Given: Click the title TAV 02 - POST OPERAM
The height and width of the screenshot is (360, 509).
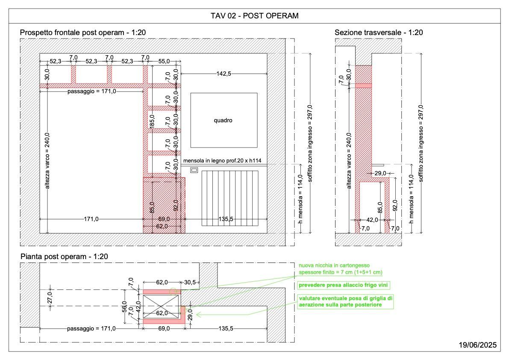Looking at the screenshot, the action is coord(255,15).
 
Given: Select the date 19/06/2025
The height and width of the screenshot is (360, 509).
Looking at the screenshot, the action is coord(477,345).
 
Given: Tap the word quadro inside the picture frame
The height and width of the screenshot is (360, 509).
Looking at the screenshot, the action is coord(223,121).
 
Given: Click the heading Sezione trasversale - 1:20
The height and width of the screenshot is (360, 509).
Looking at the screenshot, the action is coord(379,32).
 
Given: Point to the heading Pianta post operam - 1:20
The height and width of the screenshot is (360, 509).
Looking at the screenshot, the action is coord(64,257).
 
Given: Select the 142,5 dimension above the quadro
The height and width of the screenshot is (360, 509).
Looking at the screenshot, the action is coord(224,74).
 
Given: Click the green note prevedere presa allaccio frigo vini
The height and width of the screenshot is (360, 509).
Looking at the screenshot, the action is coord(343,285).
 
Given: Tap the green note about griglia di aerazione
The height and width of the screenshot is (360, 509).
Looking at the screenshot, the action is coord(345,301).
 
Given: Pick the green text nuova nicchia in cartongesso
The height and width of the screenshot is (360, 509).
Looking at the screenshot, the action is coord(334,266).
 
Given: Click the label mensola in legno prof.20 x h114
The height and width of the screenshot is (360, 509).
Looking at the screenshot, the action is coord(222,161).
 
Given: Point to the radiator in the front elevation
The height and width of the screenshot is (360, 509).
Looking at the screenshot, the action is coord(230,198).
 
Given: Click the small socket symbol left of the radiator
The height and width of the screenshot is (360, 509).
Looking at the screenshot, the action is coord(194,170).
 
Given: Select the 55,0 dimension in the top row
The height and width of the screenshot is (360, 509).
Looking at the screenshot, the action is coord(164,61).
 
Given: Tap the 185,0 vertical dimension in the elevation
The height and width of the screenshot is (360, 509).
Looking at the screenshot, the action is coord(152,121).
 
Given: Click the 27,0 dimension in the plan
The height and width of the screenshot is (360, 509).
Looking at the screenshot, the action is coord(50,297).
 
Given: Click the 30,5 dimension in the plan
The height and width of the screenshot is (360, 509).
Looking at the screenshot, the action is coord(190,283).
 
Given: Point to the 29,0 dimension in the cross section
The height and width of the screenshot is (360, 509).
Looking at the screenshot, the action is coord(380,173).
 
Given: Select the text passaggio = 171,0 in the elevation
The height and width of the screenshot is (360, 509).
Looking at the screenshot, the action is coord(91,91).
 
